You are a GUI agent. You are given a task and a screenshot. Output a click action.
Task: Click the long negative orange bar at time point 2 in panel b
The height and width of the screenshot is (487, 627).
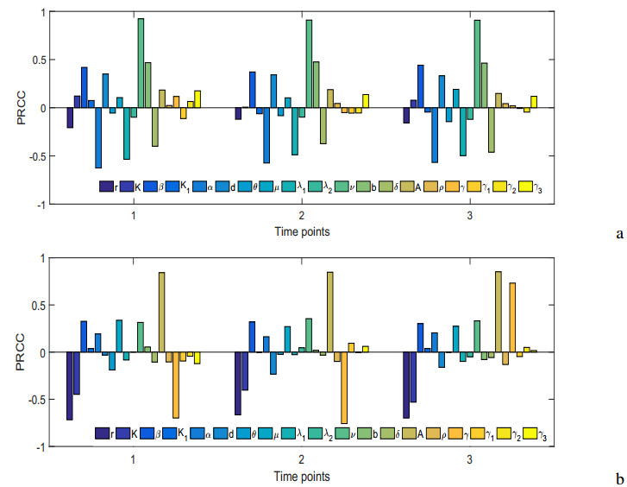tap(344, 388)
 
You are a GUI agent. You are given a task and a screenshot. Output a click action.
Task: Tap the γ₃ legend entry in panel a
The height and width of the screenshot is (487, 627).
tap(541, 186)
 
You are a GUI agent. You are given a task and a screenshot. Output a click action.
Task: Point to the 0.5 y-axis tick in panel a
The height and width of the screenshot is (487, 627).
tap(43, 60)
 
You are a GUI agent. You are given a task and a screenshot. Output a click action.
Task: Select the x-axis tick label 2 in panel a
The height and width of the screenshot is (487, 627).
tap(301, 215)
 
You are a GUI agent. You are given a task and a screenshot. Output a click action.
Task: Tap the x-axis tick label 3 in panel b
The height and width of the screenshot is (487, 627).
tap(469, 459)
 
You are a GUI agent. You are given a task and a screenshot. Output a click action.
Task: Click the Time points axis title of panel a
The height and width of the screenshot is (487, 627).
tap(301, 231)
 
